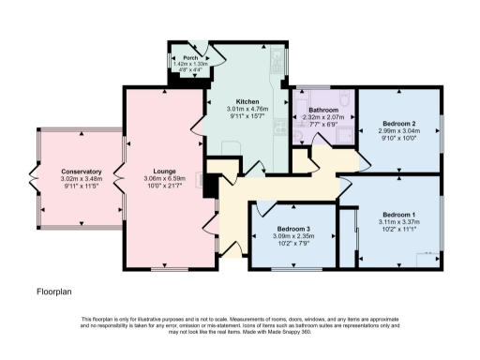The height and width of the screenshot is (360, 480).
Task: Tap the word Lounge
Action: click(158, 172)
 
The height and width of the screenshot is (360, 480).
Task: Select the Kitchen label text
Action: click(247, 100)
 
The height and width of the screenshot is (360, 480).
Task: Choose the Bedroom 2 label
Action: click(399, 124)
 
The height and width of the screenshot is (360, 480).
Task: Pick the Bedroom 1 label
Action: click(399, 215)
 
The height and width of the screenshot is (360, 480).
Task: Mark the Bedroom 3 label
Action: click(293, 230)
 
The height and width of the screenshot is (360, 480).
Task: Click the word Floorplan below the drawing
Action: click(55, 292)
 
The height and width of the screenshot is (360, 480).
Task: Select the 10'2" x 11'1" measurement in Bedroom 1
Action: click(399, 230)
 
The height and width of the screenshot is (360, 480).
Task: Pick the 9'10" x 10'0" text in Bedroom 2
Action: click(399, 139)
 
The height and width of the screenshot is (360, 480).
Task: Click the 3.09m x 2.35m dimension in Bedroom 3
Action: click(293, 237)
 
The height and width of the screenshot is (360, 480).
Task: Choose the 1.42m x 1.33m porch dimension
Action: click(192, 63)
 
